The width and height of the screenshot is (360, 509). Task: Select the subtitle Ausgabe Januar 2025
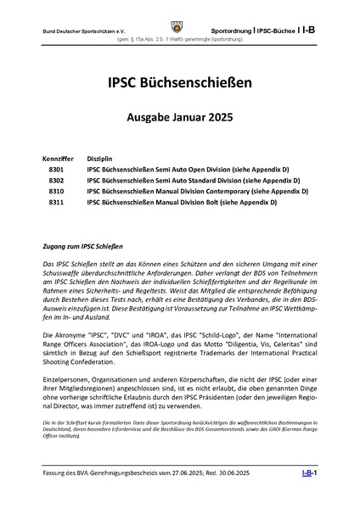coord(179,119)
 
